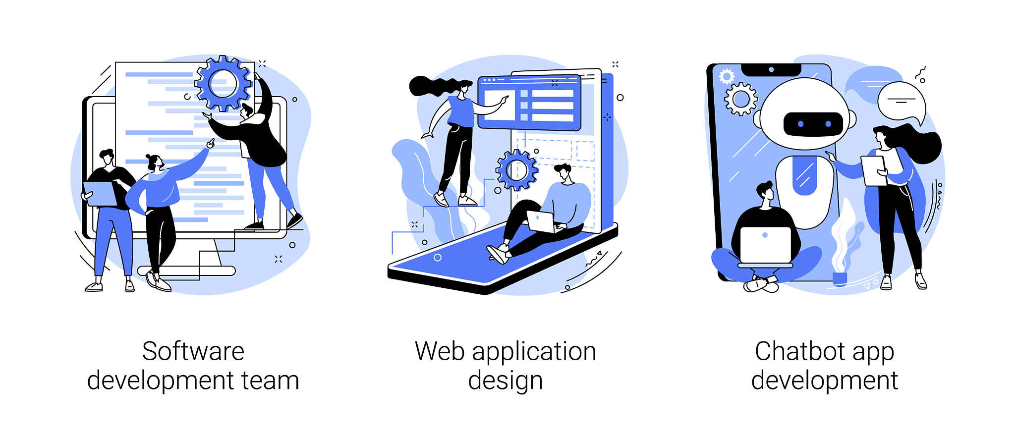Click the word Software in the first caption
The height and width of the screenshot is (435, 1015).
point(193,351)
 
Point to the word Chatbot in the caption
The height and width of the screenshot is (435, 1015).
point(798,351)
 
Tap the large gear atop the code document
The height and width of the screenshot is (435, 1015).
point(223,83)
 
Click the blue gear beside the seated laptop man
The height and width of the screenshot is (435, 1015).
point(517,170)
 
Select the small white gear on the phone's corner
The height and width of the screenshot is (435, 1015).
point(727,76)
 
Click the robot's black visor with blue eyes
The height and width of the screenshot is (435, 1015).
point(813,124)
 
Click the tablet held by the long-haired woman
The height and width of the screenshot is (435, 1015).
point(874,171)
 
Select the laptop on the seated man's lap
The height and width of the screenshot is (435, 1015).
point(541,221)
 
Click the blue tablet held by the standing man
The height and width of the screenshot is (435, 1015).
point(101,194)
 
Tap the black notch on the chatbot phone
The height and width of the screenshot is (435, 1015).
point(771,70)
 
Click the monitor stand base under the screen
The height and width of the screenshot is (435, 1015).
point(186,271)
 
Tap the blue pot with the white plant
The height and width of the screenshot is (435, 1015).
point(840,279)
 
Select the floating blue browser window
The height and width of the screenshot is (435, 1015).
point(529,102)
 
